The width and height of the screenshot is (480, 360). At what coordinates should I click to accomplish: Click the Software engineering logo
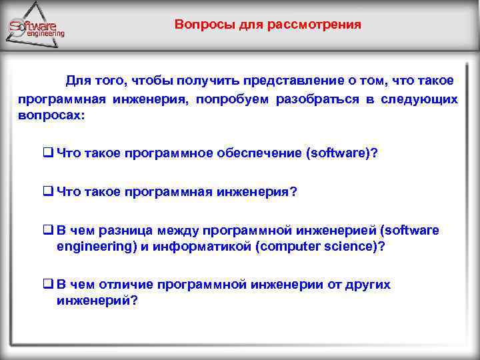tap(37, 27)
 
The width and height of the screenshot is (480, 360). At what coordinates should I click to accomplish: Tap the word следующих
tap(420, 99)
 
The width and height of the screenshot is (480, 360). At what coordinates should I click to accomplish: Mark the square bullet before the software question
tap(48, 153)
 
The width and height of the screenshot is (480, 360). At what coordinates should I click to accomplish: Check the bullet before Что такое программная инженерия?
tap(48, 192)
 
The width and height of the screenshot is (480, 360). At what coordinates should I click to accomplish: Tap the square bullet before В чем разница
tap(48, 231)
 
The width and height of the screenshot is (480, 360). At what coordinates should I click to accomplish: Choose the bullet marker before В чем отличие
tap(48, 285)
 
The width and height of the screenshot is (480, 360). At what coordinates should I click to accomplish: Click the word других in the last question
tap(367, 285)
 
